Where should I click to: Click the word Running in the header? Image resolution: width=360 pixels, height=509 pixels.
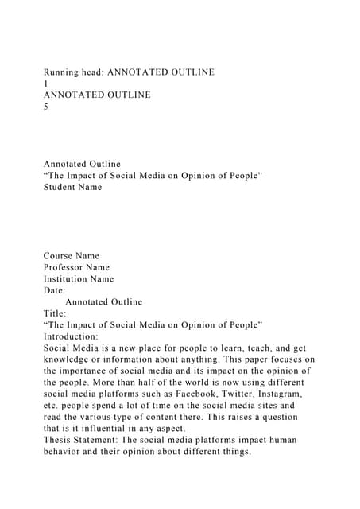[x=62, y=72]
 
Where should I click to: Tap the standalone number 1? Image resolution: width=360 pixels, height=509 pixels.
[x=46, y=84]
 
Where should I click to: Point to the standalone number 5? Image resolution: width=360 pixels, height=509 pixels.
[x=46, y=107]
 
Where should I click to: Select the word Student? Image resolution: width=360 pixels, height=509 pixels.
[x=62, y=187]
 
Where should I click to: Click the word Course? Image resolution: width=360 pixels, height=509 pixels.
[x=60, y=256]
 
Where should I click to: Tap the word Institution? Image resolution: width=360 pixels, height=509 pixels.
[x=68, y=279]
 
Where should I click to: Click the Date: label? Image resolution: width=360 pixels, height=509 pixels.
[x=55, y=290]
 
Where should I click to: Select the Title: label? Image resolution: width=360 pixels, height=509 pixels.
[x=55, y=313]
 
